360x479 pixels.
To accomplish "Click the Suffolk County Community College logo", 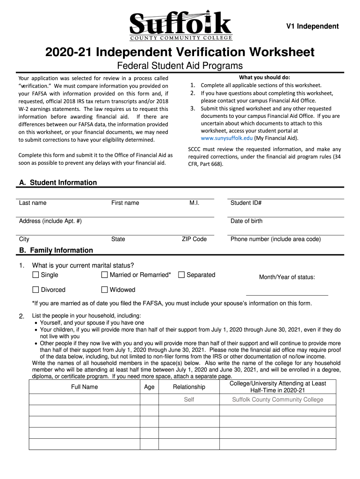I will point(180,25).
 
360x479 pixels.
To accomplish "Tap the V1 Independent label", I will point(312,26).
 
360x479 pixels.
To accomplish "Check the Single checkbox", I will point(36,275).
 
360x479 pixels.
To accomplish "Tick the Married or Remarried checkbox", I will point(105,275).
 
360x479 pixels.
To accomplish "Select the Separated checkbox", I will point(182,275).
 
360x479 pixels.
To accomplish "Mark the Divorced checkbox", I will point(36,290).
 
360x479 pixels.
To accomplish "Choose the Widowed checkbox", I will point(105,290).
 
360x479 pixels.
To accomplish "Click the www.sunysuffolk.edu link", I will point(226,138).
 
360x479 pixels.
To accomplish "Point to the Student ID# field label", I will point(246,203).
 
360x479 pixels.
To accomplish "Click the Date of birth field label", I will point(246,221).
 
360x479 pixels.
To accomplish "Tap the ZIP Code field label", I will point(194,239).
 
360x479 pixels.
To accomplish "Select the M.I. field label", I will point(194,203).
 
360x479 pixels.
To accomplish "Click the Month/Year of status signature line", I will point(287,294).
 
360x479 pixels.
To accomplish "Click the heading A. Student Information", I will point(58,182).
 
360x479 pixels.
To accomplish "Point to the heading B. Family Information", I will point(56,250).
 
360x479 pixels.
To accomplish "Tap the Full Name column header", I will point(85,387).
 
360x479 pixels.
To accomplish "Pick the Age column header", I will point(149,387).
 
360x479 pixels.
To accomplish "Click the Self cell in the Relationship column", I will point(189,399).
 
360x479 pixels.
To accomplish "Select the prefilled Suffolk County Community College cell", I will point(278,399).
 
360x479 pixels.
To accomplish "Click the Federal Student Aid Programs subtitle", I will point(180,65).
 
